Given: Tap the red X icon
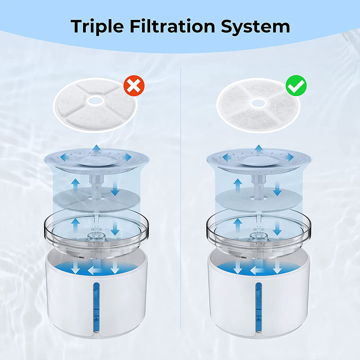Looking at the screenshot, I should tap(134, 86).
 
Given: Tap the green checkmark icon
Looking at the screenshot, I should tap(296, 86).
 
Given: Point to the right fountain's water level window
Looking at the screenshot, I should tap(258, 307).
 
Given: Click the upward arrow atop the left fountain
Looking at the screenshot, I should tap(96, 149).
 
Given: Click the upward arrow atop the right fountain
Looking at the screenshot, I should tap(258, 149).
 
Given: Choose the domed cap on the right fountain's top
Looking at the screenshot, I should tap(258, 160).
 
